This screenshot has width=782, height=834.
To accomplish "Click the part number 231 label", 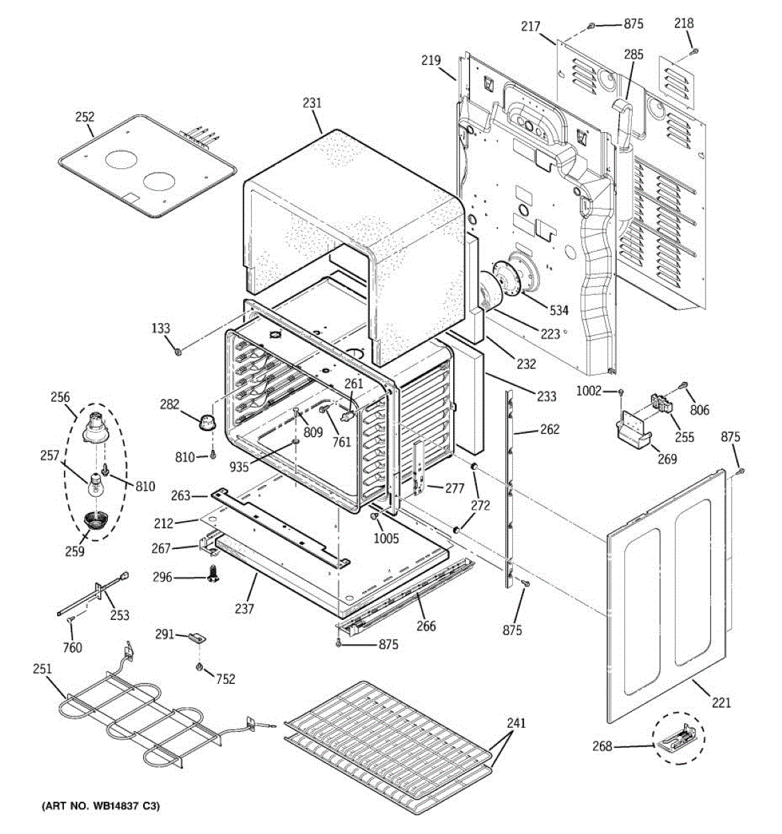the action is point(312,103).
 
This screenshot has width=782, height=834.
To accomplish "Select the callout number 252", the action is point(85,117).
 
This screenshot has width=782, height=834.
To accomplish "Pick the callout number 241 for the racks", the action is point(516,723).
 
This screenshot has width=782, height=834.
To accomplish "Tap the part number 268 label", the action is point(602,746).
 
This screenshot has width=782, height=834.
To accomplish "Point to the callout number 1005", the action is point(386,538).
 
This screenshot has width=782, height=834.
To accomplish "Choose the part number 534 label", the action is point(560,311).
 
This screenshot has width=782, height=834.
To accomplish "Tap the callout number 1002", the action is point(588,391).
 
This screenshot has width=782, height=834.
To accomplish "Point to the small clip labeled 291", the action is point(197,637).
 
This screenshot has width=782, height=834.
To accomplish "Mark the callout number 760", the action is point(72,647).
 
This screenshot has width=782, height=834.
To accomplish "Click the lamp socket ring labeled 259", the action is point(96,521).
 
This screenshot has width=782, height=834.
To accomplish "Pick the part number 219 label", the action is point(431,60).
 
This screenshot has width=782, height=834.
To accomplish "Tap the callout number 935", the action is point(239,466).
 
